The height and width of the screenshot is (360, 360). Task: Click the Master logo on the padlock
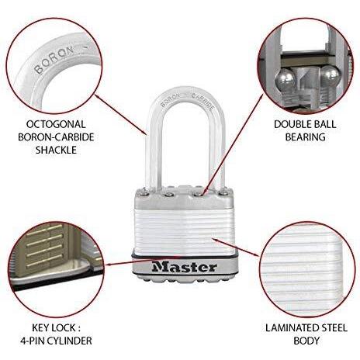184,267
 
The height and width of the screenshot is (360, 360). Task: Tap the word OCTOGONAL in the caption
56,124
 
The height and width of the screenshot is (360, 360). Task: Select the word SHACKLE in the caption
56,150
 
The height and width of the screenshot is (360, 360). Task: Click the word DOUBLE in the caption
290,124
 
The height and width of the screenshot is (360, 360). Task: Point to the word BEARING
305,137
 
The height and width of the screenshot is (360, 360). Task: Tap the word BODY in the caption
306,341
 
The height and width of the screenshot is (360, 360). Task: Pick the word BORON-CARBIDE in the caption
56,137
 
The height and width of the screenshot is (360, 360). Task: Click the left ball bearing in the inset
285,79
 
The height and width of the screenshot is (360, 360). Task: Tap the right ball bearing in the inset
330,74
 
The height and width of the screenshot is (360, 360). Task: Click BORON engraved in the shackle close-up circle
54,60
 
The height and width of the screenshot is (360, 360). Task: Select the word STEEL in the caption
333,328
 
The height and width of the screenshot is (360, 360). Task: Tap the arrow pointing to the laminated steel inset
235,247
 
